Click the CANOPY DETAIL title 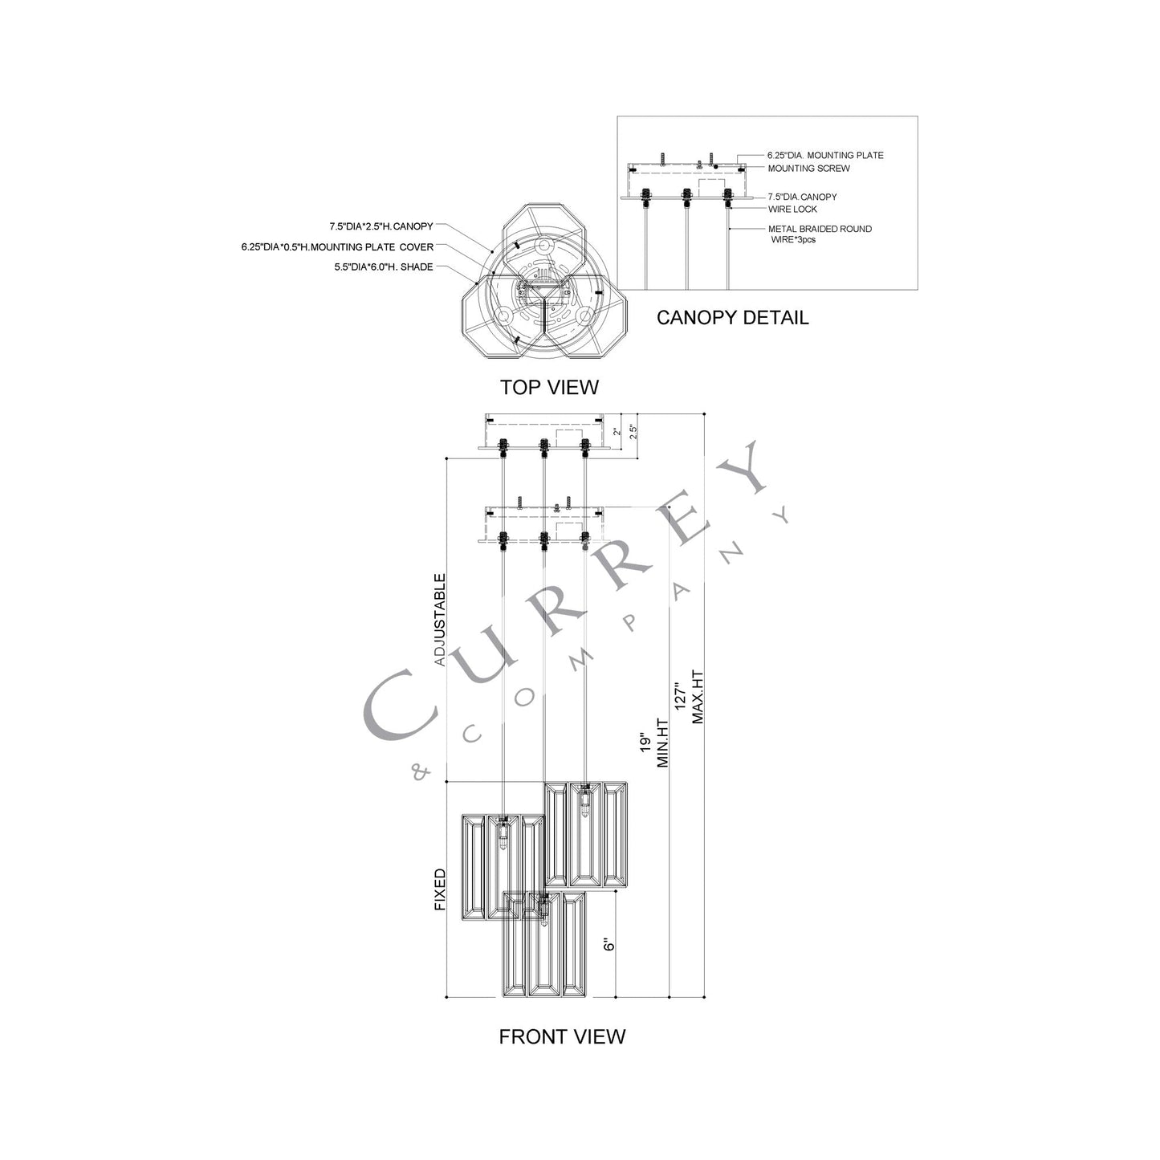pyautogui.click(x=732, y=317)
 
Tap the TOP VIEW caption pyautogui.click(x=549, y=387)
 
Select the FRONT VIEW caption pyautogui.click(x=562, y=1036)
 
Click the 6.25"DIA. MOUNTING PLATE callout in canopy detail pyautogui.click(x=825, y=155)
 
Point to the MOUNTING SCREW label pyautogui.click(x=808, y=169)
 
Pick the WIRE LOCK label pyautogui.click(x=792, y=210)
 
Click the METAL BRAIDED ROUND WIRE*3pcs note pyautogui.click(x=819, y=234)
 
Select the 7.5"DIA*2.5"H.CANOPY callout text pyautogui.click(x=381, y=227)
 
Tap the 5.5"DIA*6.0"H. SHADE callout pyautogui.click(x=384, y=267)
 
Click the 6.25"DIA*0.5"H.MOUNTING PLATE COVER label pyautogui.click(x=337, y=247)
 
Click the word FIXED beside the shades pyautogui.click(x=440, y=889)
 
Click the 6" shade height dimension pyautogui.click(x=610, y=944)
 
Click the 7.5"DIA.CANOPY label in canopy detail pyautogui.click(x=802, y=197)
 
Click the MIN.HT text pyautogui.click(x=663, y=744)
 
